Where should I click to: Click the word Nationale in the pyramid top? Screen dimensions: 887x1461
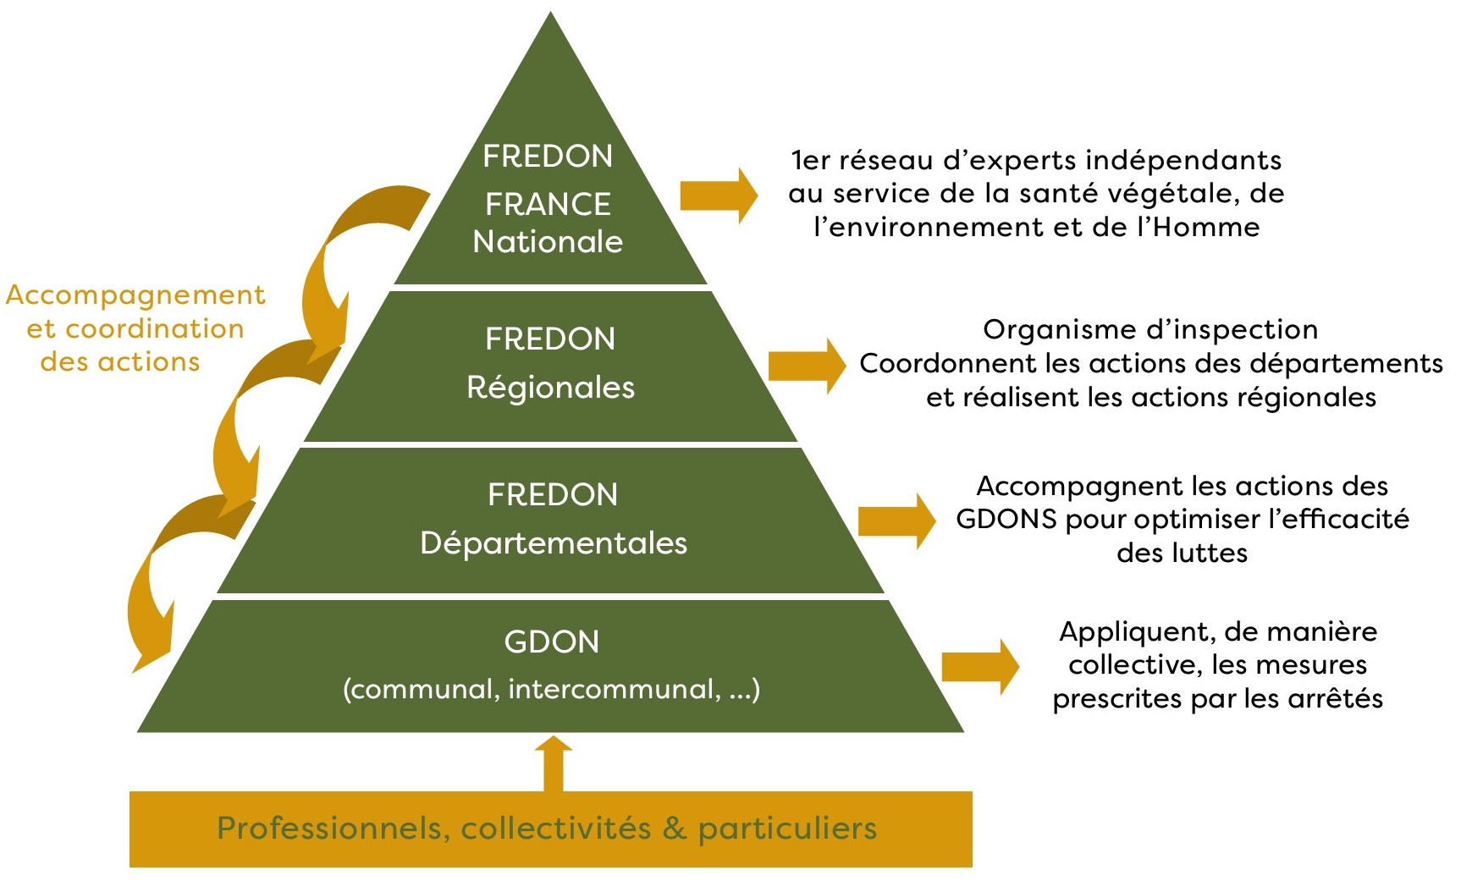tap(548, 242)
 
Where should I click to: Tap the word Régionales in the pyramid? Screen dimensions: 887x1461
tap(550, 388)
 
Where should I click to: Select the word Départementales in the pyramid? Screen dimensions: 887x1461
tap(554, 543)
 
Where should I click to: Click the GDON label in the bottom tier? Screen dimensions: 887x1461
tap(551, 642)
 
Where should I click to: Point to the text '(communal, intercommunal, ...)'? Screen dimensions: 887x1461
tap(551, 690)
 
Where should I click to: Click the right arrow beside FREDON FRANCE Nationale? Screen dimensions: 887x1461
tap(719, 196)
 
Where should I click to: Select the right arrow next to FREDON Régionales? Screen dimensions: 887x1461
tap(807, 366)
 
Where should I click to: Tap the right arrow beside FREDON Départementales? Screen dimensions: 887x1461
tap(896, 521)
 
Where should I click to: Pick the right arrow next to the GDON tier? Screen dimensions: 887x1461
tap(979, 667)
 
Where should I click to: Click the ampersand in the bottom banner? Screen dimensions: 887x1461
tap(674, 829)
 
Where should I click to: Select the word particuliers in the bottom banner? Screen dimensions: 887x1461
tap(787, 829)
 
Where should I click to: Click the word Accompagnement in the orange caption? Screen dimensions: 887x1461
tap(135, 295)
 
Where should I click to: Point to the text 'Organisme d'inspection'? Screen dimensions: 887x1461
tap(1150, 329)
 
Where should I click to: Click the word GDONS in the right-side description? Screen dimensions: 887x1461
tap(1006, 519)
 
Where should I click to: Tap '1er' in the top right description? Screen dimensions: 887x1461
tap(808, 161)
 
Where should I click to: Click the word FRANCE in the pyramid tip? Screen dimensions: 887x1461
tap(548, 204)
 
